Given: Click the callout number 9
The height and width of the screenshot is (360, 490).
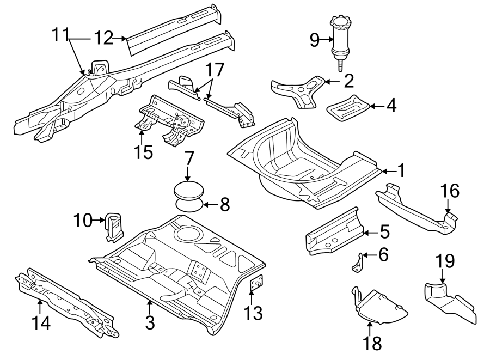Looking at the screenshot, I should (314, 39).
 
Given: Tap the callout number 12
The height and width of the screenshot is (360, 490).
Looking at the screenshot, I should (103, 38).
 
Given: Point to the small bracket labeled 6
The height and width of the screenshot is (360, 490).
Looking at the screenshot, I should (358, 263).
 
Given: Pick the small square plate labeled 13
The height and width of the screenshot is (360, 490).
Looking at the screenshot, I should (255, 283).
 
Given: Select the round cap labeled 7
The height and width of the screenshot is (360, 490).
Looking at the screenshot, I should (188, 192).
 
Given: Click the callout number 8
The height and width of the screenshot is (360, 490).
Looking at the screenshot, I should (224, 205).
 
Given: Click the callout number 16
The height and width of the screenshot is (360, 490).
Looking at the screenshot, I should (450, 191).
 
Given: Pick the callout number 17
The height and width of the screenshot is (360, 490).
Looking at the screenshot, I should (215, 71).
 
